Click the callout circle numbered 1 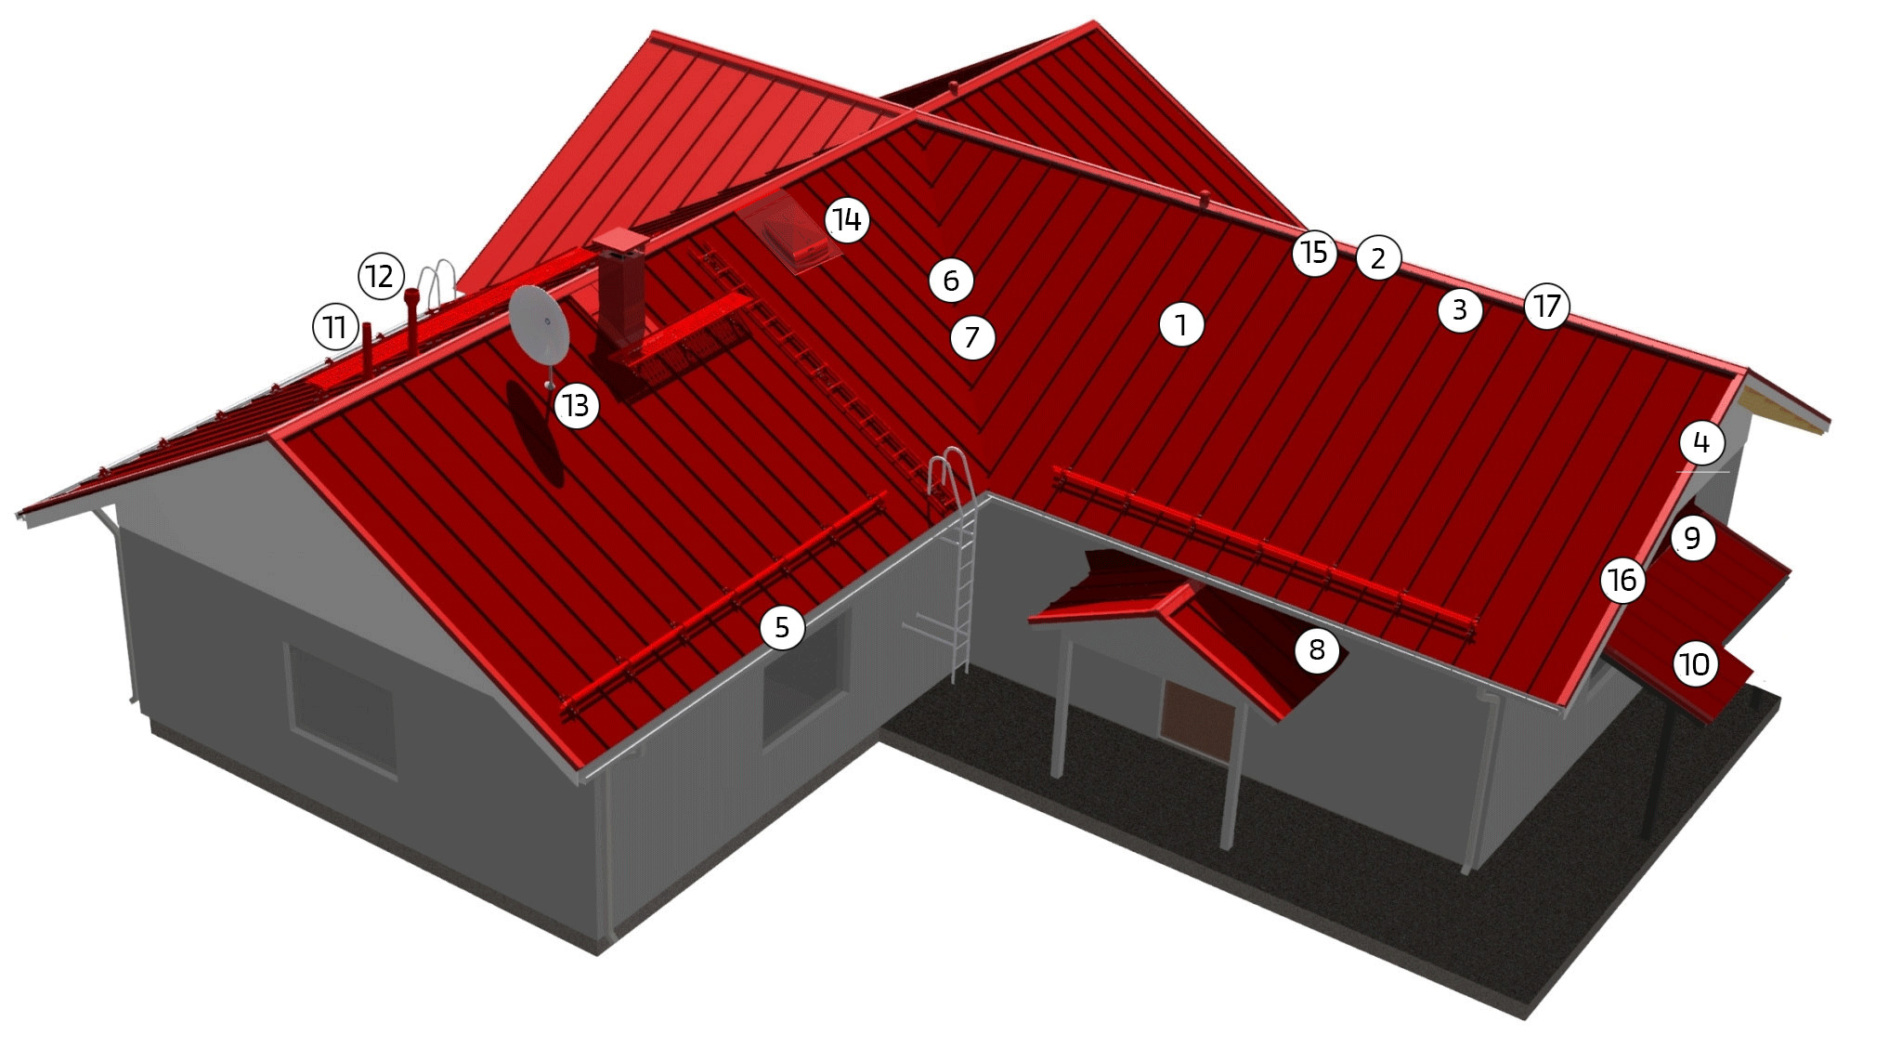1181,324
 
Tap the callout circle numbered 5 782,627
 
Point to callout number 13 576,405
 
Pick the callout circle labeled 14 847,220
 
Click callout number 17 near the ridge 1547,306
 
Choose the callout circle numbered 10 1696,664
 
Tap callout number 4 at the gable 1701,442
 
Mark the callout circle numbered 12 381,276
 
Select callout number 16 1622,580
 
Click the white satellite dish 540,326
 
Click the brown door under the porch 1198,721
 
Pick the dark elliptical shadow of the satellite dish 535,433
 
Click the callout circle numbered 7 972,336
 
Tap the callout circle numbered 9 1692,538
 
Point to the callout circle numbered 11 334,326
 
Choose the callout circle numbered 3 1460,309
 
